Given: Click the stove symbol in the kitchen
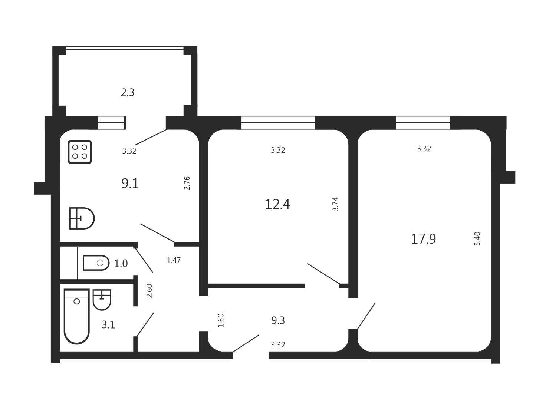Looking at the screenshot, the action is [80, 152].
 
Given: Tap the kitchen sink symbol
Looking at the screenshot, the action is [82, 218].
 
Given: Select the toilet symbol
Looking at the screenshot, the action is [96, 263].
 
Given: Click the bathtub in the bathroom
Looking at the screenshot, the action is [77, 316].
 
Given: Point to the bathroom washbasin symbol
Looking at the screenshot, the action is [102, 300].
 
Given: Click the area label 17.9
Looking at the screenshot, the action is [424, 239].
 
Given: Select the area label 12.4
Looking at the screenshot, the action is [277, 204].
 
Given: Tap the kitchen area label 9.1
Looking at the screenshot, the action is [130, 183].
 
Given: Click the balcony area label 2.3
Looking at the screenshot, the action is [127, 92].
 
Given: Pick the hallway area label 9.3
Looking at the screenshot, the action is [278, 320].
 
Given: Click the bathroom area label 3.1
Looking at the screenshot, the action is [108, 324].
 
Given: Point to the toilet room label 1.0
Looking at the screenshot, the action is [121, 264].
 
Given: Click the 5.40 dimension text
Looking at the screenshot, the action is [477, 238].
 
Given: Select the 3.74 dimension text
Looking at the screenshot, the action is [335, 204].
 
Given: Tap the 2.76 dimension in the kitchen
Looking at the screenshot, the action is [187, 183].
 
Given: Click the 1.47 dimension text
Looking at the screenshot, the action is [174, 260].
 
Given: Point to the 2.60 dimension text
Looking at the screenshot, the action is [149, 291].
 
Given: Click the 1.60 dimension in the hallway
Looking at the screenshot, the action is [221, 320].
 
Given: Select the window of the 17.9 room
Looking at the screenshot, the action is [423, 122].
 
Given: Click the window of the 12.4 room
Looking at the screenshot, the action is [278, 122].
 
